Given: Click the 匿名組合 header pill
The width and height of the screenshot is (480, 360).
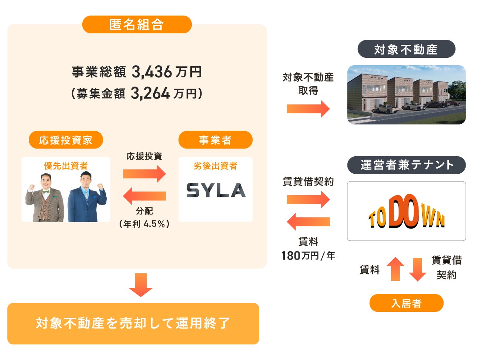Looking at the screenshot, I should click(137, 24).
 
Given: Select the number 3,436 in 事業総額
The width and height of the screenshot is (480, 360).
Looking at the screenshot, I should click(152, 72).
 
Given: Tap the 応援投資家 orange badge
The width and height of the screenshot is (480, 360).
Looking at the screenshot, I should click(66, 140).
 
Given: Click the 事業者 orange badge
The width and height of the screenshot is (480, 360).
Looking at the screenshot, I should click(215, 140).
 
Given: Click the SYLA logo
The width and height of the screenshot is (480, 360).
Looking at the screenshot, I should click(216, 190).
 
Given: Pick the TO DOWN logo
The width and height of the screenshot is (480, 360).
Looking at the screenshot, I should click(406, 212).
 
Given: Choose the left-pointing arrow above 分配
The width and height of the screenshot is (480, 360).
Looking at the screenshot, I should click(144, 196).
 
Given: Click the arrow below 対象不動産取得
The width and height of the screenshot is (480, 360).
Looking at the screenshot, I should click(308, 109).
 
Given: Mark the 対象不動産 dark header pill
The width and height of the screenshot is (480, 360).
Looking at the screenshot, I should click(406, 49).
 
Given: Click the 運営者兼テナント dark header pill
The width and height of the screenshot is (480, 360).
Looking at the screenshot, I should click(406, 165).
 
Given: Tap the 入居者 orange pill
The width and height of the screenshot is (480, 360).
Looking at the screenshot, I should click(406, 303).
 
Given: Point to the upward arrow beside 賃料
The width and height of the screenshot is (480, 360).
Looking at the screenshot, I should click(396, 269).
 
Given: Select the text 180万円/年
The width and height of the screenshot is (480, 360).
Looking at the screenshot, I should click(308, 256).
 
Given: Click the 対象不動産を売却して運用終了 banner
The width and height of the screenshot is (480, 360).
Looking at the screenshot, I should click(133, 323).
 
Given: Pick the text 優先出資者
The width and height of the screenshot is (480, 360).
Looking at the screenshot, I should click(66, 166).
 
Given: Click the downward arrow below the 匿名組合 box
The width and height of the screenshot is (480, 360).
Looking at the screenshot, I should click(140, 285).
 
